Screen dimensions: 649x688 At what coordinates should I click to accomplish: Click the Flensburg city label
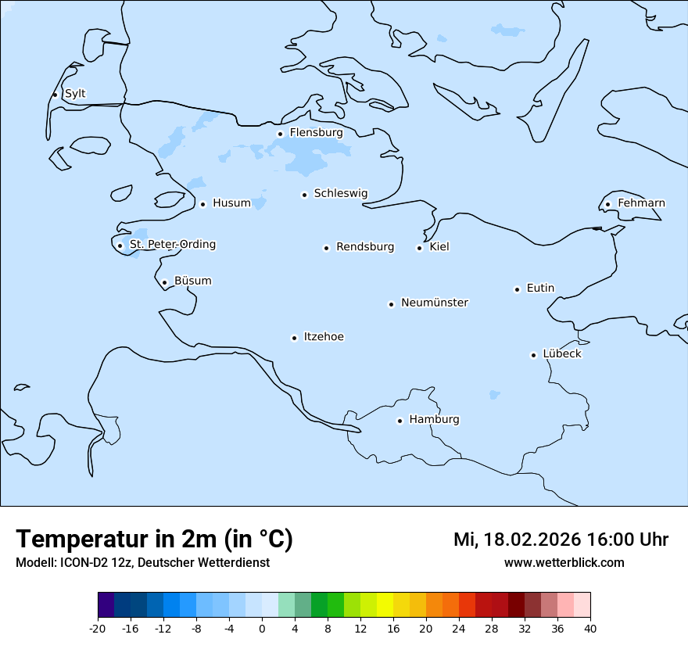316,133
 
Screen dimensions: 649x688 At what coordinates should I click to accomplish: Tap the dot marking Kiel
419,248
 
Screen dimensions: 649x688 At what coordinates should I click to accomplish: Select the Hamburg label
434,420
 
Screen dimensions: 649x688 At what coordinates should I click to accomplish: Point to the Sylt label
75,94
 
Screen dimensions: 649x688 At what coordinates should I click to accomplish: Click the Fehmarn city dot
607,204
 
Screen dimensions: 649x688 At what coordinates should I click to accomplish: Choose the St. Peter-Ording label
173,245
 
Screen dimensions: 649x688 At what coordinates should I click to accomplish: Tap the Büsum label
192,281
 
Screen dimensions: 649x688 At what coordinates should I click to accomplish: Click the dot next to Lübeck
533,355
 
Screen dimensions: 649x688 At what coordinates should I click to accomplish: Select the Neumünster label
435,303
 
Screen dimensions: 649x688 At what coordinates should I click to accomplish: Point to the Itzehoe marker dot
294,338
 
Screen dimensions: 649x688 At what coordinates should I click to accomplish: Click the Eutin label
540,289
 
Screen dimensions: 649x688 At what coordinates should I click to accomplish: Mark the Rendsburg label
365,247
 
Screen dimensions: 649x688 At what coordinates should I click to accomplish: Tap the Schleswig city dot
304,195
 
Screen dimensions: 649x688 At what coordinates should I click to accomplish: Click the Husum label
231,203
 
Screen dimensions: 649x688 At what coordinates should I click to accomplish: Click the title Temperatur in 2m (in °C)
154,540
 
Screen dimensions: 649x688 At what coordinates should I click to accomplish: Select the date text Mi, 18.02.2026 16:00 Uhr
561,540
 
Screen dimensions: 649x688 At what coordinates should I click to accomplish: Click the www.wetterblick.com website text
564,563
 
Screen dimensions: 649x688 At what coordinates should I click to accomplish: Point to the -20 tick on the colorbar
98,628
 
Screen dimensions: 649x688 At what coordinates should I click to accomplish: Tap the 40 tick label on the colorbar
590,628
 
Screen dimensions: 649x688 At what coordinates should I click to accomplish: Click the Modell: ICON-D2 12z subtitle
142,563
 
